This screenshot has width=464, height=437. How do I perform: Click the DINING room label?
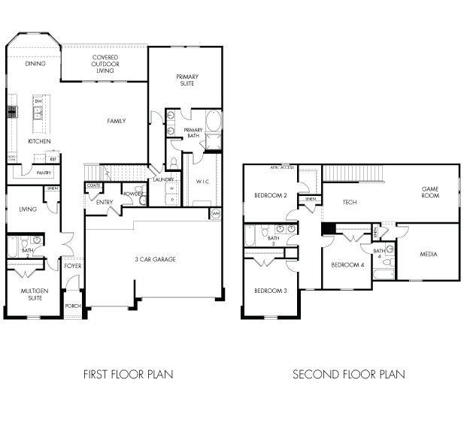click(35, 64)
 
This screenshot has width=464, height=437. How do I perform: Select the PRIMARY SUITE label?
click(187, 80)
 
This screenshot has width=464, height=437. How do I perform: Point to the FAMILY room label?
click(116, 121)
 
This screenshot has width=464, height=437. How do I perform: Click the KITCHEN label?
click(39, 141)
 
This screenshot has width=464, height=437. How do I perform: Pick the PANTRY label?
click(44, 173)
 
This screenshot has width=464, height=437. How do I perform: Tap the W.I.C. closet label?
click(202, 181)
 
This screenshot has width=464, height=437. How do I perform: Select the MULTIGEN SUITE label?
click(31, 294)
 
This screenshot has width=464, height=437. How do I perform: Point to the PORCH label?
click(72, 306)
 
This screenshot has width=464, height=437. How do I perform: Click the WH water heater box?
click(215, 214)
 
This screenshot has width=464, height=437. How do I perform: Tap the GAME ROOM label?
click(429, 192)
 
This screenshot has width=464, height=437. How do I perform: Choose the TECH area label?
click(350, 202)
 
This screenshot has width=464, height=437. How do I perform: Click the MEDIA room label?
click(429, 254)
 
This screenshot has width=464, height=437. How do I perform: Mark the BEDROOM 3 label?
click(269, 291)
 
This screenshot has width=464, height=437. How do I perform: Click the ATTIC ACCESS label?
click(282, 167)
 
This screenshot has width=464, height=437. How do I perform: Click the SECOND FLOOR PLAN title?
click(348, 373)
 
